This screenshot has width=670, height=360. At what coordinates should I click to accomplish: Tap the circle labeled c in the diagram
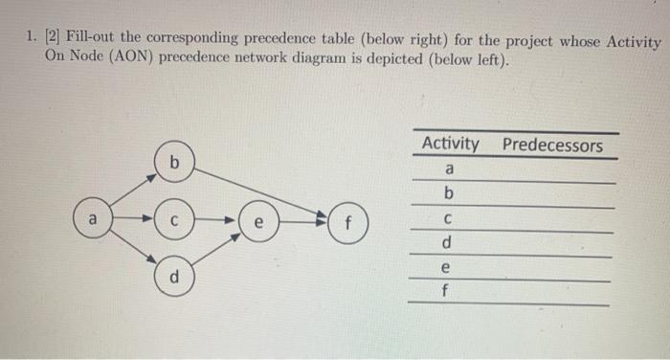click(174, 222)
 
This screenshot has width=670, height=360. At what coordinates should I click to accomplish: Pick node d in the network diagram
click(174, 280)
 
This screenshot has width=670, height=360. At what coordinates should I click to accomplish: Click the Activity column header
click(450, 145)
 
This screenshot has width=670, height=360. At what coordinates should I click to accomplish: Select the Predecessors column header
click(552, 146)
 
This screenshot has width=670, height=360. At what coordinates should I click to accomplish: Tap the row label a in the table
click(450, 169)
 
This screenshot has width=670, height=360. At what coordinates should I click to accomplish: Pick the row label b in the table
click(450, 194)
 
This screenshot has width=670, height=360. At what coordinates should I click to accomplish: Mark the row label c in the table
click(450, 219)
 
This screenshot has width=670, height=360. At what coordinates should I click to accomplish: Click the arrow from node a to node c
click(133, 222)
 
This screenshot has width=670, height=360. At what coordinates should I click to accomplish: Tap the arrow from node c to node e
click(216, 222)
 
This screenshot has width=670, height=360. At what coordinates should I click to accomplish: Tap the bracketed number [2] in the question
click(47, 43)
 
